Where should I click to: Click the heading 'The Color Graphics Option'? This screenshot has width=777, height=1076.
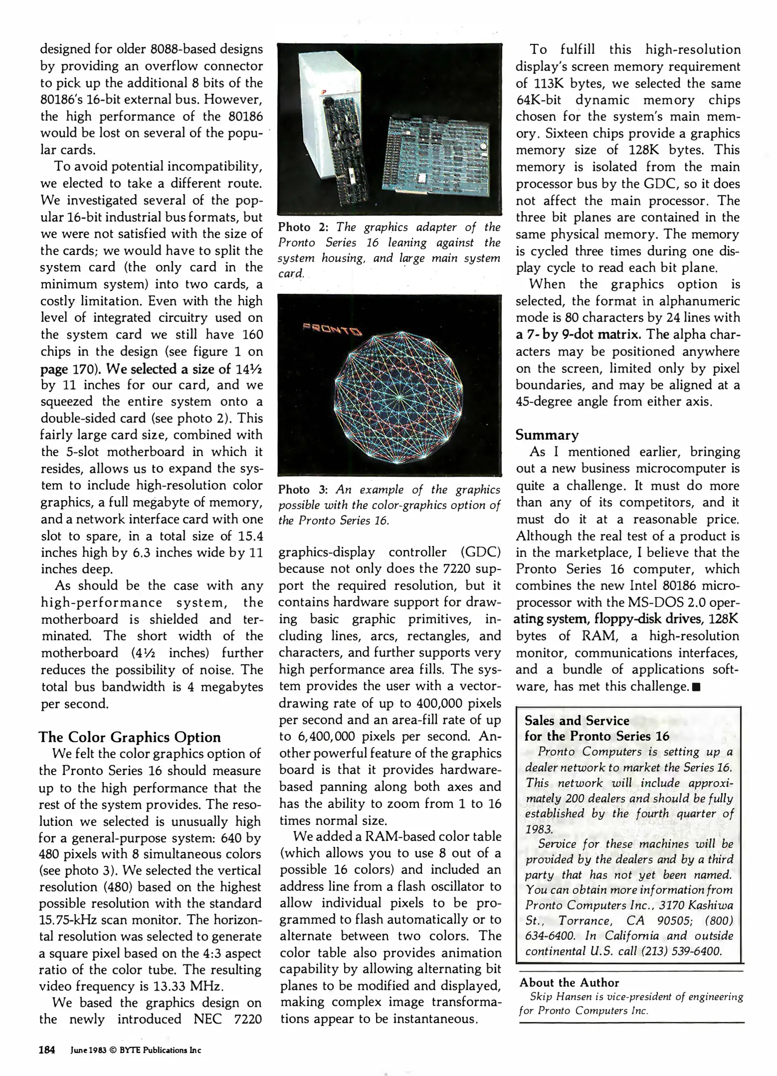[x=129, y=737]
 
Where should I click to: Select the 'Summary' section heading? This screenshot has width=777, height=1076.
[x=547, y=435]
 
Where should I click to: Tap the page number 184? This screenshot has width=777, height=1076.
[x=47, y=1050]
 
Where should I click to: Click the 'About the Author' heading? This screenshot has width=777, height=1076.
[x=569, y=982]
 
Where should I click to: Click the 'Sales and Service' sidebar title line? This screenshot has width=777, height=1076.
[x=577, y=720]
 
